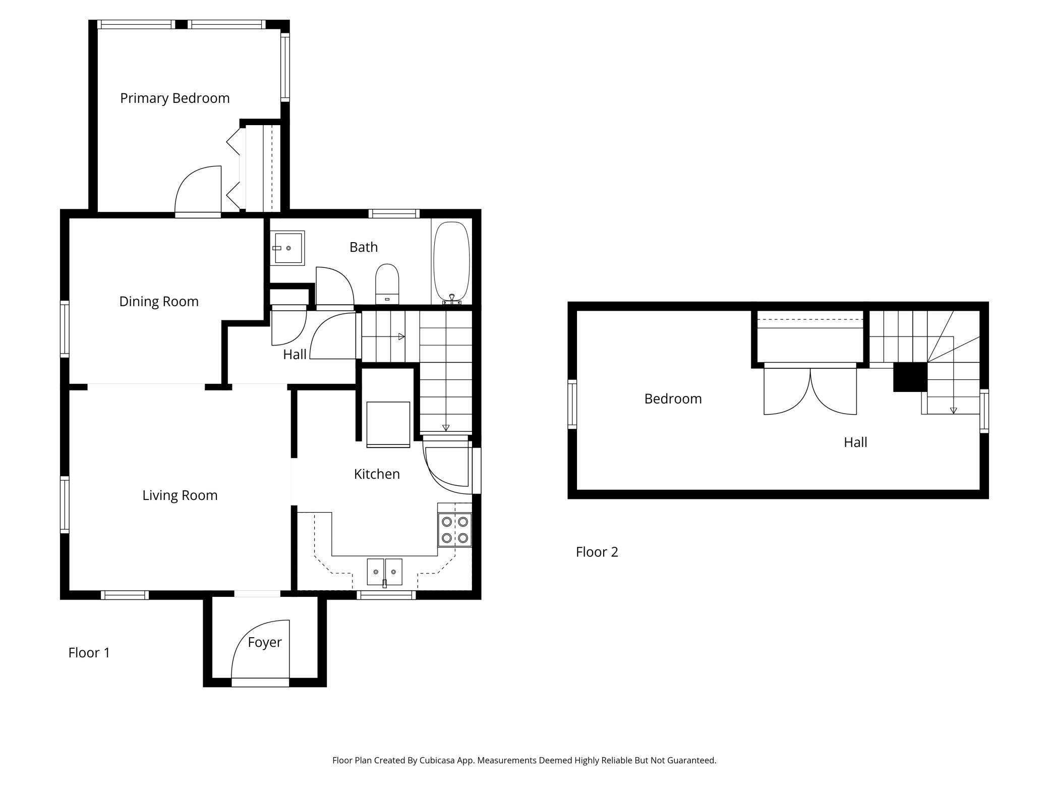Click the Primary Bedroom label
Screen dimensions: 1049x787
[174, 98]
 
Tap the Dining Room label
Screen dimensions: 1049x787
[159, 302]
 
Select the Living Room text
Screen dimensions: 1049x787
[180, 495]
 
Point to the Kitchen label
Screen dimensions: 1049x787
[377, 474]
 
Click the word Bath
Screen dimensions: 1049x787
[364, 247]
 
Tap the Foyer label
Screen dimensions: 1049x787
[264, 643]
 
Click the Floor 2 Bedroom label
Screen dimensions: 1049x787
[673, 399]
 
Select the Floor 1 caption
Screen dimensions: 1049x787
[89, 653]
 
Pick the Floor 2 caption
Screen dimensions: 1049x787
[597, 552]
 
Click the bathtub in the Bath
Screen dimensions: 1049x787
[451, 262]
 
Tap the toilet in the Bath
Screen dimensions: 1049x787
[387, 284]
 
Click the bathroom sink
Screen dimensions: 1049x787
[287, 248]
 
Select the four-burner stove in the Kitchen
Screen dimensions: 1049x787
[454, 529]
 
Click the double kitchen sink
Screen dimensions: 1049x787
[384, 572]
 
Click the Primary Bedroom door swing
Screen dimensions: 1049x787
[198, 190]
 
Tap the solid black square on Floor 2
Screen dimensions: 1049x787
[910, 377]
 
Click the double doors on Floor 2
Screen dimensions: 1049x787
[810, 389]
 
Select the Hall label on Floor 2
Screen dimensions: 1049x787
[855, 442]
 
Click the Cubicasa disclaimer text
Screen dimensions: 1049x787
[524, 760]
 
